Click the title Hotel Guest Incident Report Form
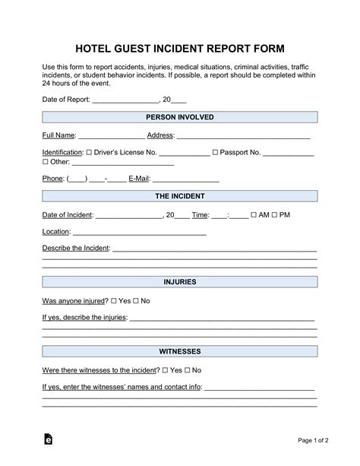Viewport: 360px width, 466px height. pyautogui.click(x=179, y=46)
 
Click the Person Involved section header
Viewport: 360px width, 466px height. pyautogui.click(x=179, y=117)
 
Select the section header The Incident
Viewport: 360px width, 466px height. pyautogui.click(x=179, y=196)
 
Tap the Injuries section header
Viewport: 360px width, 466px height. pyautogui.click(x=179, y=282)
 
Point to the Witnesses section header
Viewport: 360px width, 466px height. pyautogui.click(x=179, y=352)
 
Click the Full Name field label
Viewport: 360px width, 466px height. pyautogui.click(x=58, y=135)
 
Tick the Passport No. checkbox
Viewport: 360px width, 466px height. pyautogui.click(x=216, y=153)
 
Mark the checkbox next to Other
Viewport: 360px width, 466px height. pyautogui.click(x=45, y=162)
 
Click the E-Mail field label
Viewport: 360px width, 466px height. pyautogui.click(x=140, y=179)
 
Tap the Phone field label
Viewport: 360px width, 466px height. pyautogui.click(x=52, y=179)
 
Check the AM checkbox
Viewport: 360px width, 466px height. pyautogui.click(x=254, y=215)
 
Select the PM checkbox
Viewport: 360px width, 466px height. pyautogui.click(x=275, y=215)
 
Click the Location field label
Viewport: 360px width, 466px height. pyautogui.click(x=56, y=232)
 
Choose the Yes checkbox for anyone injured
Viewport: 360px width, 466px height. pyautogui.click(x=114, y=301)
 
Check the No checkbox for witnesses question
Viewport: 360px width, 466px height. pyautogui.click(x=187, y=370)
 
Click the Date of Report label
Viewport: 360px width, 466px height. pyautogui.click(x=66, y=100)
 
